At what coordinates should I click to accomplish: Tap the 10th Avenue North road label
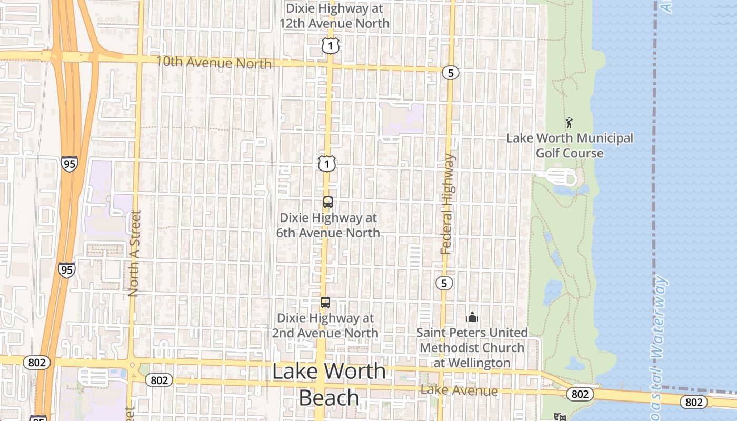pyautogui.click(x=214, y=62)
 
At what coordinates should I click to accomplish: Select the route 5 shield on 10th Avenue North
pyautogui.click(x=450, y=73)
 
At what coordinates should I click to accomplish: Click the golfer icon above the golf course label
pyautogui.click(x=569, y=123)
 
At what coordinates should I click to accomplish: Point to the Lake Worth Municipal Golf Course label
pyautogui.click(x=570, y=145)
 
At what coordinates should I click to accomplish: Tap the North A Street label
pyautogui.click(x=134, y=254)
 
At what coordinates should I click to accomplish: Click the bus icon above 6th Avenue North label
pyautogui.click(x=327, y=202)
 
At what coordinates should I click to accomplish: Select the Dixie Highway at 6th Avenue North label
pyautogui.click(x=328, y=225)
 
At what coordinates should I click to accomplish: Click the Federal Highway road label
pyautogui.click(x=447, y=205)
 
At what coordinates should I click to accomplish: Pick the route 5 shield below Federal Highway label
pyautogui.click(x=444, y=283)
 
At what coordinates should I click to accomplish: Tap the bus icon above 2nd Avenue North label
pyautogui.click(x=325, y=303)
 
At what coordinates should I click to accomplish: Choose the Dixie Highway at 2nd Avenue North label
pyautogui.click(x=325, y=326)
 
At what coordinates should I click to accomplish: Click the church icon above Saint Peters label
pyautogui.click(x=472, y=317)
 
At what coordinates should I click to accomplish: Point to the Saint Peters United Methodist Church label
pyautogui.click(x=472, y=347)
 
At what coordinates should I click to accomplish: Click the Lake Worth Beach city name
pyautogui.click(x=329, y=384)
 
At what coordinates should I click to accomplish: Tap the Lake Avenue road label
pyautogui.click(x=460, y=390)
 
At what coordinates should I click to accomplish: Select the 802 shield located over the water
pyautogui.click(x=694, y=402)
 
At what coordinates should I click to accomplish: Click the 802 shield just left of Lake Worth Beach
pyautogui.click(x=159, y=380)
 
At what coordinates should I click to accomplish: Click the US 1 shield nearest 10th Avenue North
pyautogui.click(x=330, y=46)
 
